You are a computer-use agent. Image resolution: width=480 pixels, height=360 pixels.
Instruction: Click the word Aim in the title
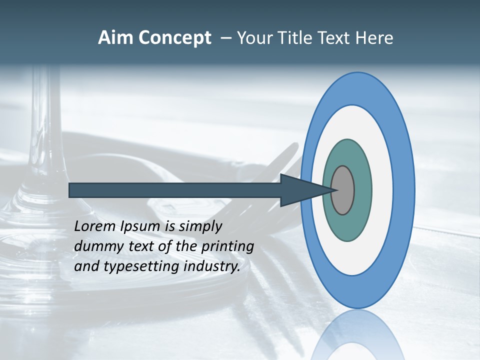116,38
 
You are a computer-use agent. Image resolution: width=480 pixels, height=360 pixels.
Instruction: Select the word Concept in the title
175,38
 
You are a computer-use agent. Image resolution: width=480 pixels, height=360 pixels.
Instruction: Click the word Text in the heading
337,38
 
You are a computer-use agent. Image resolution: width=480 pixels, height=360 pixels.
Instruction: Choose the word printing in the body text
227,247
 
